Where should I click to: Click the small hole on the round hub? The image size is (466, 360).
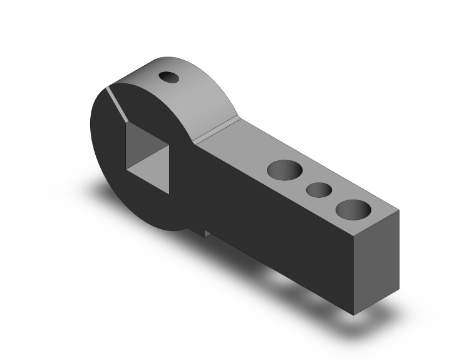(x=170, y=77)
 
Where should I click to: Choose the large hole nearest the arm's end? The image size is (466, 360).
(x=353, y=210)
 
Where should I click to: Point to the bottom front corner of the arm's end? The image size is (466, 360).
(x=355, y=315)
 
